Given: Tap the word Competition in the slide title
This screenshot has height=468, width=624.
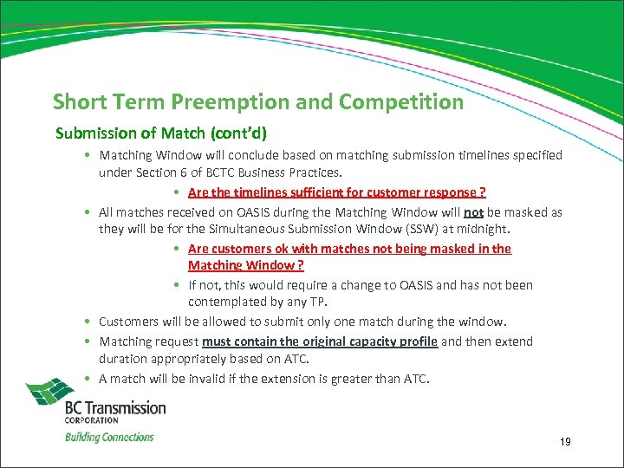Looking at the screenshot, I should (x=401, y=102).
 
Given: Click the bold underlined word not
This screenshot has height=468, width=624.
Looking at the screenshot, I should (x=473, y=211).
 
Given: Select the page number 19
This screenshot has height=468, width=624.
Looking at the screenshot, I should (x=565, y=442).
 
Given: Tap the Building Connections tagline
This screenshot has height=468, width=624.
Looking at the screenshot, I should (x=109, y=437).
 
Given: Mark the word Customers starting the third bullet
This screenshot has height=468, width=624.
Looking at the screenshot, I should (x=128, y=322).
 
